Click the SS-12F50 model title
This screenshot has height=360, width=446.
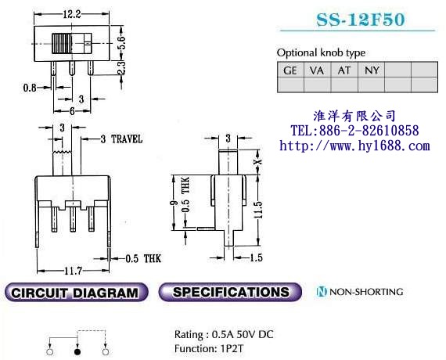pos(361,20)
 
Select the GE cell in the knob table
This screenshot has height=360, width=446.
pos(290,70)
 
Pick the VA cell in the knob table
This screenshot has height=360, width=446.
pos(317,70)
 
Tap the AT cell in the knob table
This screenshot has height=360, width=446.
pos(344,70)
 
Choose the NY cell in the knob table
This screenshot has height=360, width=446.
pos(371,70)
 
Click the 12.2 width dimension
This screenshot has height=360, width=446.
pos(72,14)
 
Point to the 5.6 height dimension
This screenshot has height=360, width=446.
pos(122,43)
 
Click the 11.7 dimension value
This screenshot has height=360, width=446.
pos(73,271)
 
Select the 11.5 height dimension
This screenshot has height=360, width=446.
pos(258,210)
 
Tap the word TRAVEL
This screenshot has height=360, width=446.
pos(127,139)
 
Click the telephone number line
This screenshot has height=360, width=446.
pos(354,131)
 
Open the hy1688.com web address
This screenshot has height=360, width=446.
pos(354,146)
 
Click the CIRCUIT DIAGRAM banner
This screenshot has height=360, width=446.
pos(76,292)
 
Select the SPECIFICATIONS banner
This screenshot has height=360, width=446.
pos(230,292)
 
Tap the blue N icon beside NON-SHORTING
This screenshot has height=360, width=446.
pos(322,292)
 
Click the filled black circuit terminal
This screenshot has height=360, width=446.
pos(77,351)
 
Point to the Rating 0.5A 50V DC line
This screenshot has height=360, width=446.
pos(224,334)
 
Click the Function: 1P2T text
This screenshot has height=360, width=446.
pos(209,348)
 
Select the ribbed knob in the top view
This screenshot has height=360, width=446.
pos(62,44)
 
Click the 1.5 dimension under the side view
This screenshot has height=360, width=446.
pos(256,257)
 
